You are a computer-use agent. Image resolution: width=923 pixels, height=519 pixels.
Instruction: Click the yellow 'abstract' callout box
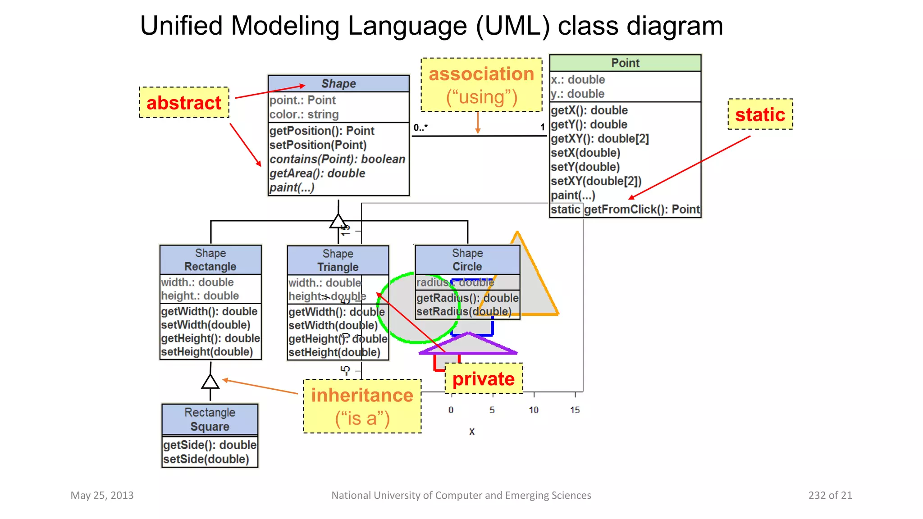point(184,103)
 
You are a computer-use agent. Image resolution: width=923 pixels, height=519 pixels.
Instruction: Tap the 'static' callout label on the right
point(760,114)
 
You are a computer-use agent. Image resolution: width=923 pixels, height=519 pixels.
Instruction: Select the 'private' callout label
point(484,379)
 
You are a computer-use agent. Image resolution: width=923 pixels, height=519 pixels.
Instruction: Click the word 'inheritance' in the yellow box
point(362,395)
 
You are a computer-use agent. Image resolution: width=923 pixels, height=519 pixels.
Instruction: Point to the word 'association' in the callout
point(481,74)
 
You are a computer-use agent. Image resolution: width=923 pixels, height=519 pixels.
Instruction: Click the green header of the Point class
point(625,63)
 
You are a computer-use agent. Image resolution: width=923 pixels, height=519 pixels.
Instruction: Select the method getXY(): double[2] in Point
point(599,139)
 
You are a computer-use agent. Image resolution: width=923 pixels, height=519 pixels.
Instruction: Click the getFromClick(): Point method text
point(642,209)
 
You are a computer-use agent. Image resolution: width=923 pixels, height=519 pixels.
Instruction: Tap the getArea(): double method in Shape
point(317,173)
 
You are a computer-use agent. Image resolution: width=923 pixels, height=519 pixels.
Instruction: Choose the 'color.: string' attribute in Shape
point(304,114)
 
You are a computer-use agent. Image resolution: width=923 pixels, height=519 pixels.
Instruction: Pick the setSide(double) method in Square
point(206,459)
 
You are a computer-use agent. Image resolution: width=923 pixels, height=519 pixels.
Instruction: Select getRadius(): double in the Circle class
point(467,298)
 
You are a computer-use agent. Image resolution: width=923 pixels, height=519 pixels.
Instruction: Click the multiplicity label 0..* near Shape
point(420,127)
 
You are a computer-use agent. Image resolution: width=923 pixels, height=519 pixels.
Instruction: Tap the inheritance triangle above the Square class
point(210,382)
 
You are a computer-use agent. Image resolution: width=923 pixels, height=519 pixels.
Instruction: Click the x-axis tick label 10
point(534,410)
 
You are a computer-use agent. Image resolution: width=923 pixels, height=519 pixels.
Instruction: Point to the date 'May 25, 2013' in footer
point(102,495)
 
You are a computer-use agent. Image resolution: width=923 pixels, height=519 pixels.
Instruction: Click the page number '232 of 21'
point(830,495)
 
